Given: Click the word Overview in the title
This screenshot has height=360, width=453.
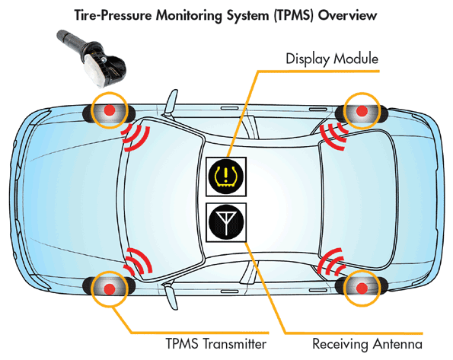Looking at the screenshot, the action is [347, 15].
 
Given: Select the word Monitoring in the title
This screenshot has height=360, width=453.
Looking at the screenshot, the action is [190, 16].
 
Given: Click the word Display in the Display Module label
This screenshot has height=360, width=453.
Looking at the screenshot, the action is [308, 59].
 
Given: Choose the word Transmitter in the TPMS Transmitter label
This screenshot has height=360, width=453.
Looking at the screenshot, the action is [234, 344].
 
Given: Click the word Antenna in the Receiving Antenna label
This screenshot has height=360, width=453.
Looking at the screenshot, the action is [397, 344].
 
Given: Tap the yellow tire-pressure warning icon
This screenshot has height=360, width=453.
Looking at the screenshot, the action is [226, 177].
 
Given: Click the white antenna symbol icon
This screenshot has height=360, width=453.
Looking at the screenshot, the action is [226, 222].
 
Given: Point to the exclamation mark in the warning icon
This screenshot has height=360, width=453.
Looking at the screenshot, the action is [226, 175].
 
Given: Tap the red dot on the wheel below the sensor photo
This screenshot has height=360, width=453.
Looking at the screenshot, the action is [109, 110].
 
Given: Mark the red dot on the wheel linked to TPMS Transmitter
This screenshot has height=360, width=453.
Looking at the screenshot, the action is [109, 288].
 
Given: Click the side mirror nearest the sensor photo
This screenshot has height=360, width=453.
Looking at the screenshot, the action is [171, 103].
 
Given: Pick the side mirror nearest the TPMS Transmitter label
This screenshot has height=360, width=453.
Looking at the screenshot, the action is [171, 296].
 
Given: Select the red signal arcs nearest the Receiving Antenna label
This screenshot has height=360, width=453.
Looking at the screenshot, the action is [331, 262].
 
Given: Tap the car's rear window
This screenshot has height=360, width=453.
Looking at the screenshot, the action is [359, 199].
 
